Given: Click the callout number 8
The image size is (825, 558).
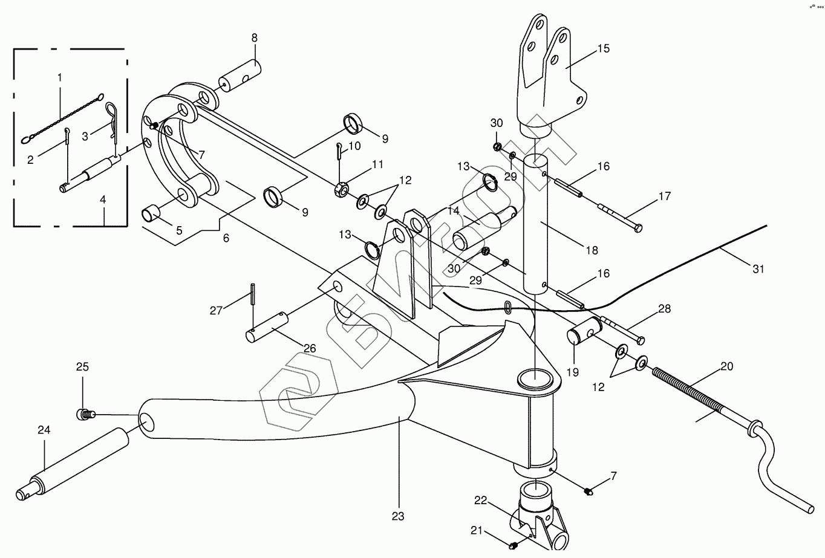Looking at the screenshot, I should click(254, 38).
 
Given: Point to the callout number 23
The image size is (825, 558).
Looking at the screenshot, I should click(397, 516).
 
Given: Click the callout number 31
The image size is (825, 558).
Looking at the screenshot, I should click(758, 269).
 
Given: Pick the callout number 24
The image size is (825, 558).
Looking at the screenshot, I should click(44, 430).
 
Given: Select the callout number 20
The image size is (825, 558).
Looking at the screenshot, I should click(726, 366).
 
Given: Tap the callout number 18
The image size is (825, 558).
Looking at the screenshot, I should click(592, 250).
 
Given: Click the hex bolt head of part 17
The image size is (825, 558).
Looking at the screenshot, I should click(638, 229).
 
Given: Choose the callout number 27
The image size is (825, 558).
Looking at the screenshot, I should click(217, 311).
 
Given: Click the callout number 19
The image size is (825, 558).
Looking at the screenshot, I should click(572, 372).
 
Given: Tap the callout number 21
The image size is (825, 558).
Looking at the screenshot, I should click(477, 530).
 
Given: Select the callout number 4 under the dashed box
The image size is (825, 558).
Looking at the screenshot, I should click(103, 198).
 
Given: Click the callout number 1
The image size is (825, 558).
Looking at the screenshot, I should click(60, 77).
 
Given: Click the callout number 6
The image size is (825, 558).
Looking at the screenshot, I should click(226, 238).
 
